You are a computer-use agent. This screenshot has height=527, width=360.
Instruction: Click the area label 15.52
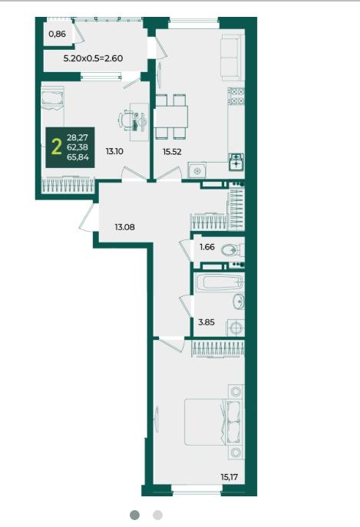pos(172,152)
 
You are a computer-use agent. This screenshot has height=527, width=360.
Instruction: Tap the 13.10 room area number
pos(114,151)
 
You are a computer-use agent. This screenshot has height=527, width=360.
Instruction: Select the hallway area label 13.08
pos(124,227)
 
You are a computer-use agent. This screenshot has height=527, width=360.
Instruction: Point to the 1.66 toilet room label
pos(207,247)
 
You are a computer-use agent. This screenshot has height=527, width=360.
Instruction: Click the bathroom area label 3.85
pos(206,322)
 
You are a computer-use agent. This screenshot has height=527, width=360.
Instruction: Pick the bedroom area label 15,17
pos(229,476)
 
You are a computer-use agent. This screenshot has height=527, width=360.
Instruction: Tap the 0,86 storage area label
pos(58,34)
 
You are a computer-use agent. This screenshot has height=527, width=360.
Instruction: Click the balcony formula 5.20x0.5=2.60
pos(93,58)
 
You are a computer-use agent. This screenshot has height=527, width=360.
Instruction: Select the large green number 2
pos(57,147)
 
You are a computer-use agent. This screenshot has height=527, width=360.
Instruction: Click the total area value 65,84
pos(78,156)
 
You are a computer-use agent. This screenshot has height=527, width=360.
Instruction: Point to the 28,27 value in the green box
pos(78,137)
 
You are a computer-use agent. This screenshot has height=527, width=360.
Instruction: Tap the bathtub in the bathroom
pos(220,282)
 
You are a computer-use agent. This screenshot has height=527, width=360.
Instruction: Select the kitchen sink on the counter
pos(236,162)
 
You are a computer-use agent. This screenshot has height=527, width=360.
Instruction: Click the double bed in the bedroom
pos(213,422)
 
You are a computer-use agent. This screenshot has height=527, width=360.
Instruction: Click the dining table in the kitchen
pos(171,117)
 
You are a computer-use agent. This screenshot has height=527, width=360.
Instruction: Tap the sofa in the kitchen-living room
pos(233,58)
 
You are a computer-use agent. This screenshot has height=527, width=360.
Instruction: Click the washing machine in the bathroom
pos(236,328)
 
